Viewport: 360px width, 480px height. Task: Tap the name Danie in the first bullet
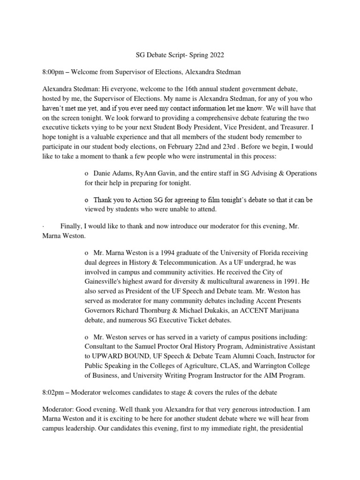(x=103, y=173)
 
